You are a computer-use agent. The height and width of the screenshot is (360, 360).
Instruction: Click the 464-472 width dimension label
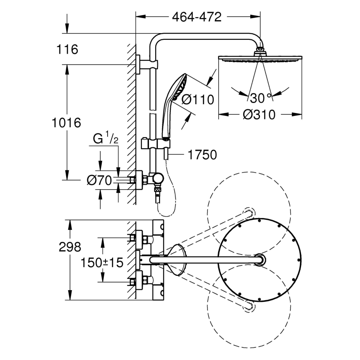[x=196, y=17]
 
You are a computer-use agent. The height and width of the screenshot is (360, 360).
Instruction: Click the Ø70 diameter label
[x=99, y=180]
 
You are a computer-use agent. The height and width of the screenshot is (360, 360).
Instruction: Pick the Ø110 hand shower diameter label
[x=198, y=99]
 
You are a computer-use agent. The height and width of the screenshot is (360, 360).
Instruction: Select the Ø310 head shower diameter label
[x=259, y=114]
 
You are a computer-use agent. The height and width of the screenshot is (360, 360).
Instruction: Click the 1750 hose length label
[x=202, y=155]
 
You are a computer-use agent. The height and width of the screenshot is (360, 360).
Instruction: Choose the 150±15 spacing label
[x=102, y=262]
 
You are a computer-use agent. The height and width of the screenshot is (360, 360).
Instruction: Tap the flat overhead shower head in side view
[x=260, y=59]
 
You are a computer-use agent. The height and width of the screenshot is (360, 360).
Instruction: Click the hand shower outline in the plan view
[x=178, y=260]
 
